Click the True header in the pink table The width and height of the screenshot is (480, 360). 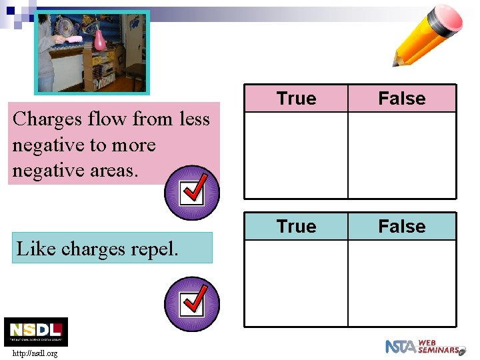(296, 99)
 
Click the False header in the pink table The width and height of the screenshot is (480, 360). (401, 99)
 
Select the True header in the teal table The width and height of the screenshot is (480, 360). (296, 227)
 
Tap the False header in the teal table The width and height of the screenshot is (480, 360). (401, 227)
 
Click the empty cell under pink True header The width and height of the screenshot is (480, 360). (296, 155)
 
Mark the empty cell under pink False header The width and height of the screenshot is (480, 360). (402, 155)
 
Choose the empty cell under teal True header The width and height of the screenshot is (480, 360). (296, 283)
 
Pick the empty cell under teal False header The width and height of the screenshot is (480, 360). (402, 283)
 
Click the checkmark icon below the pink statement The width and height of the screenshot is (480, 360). (191, 193)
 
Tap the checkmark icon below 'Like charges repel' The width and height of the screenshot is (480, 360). (191, 304)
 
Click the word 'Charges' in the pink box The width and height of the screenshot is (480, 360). (42, 119)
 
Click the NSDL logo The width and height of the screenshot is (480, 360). (36, 331)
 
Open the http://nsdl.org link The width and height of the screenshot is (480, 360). (34, 353)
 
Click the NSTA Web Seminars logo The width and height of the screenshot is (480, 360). (424, 347)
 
